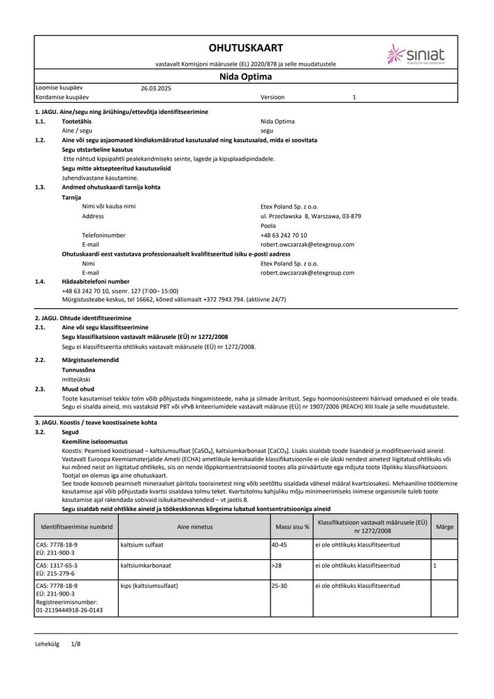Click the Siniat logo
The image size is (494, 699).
418,54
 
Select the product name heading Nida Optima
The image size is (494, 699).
246,78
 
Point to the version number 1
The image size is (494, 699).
354,99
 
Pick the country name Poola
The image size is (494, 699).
268,226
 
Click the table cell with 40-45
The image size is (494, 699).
279,544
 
